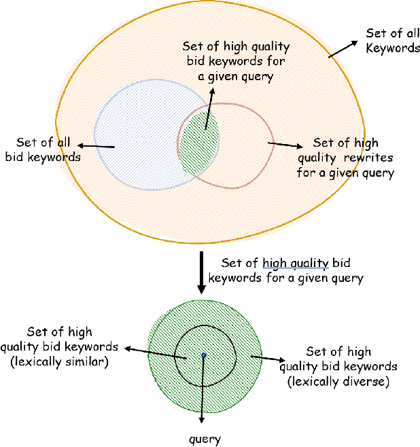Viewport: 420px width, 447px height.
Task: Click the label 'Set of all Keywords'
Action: tap(392, 40)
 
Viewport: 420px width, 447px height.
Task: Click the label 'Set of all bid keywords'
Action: tap(43, 149)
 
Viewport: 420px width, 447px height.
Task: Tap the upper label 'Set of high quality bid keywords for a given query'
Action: tap(236, 62)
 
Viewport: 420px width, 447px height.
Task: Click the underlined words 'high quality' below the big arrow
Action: tap(296, 263)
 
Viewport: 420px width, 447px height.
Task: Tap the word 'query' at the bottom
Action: tap(205, 439)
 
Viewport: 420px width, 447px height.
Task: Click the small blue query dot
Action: tap(203, 355)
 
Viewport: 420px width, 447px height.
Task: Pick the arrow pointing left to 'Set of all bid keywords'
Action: tap(95, 145)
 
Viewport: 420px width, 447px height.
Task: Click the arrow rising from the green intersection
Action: tap(210, 105)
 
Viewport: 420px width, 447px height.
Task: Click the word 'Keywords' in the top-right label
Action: tap(393, 48)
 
